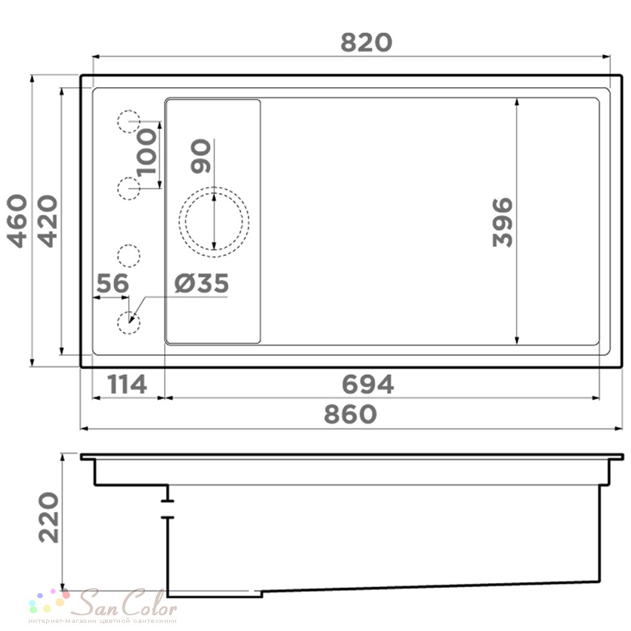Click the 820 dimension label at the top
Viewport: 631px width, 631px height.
366,43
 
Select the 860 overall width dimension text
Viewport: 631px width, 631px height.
350,415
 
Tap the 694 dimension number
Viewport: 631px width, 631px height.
367,384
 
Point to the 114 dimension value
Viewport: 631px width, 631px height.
127,384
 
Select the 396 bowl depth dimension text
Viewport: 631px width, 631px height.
502,221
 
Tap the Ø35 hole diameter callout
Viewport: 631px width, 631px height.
202,283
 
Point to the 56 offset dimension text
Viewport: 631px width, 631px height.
113,283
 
